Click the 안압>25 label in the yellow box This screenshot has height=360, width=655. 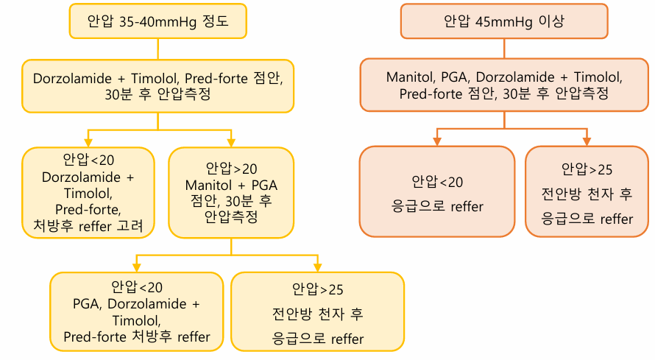point(318,289)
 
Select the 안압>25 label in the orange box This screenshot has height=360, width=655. point(587,169)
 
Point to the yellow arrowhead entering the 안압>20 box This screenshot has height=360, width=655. point(231,142)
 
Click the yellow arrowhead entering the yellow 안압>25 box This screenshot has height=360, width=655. point(317,267)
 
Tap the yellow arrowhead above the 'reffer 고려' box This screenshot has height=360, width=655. point(88,142)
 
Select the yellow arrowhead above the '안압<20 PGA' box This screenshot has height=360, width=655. point(136,267)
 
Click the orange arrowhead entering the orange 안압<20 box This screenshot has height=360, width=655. point(436,141)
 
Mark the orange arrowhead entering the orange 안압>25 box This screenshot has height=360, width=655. point(587,141)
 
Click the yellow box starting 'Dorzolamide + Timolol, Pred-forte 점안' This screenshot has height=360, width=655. point(157,86)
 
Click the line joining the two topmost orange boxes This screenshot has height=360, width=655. point(504,49)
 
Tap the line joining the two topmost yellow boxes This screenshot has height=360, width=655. point(157,49)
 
